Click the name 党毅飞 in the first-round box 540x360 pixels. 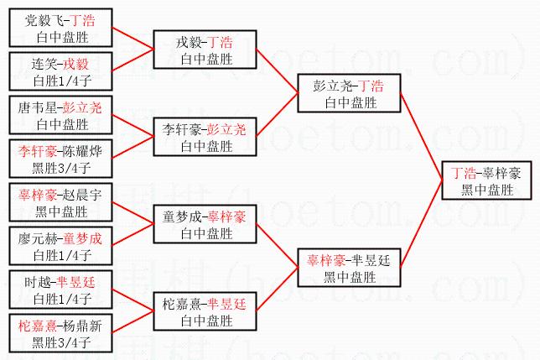(44, 21)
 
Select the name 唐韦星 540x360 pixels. (37, 107)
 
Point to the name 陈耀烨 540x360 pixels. (83, 152)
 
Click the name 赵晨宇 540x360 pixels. (83, 195)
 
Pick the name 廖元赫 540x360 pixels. (37, 238)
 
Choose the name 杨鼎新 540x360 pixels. (83, 326)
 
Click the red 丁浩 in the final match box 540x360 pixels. (464, 173)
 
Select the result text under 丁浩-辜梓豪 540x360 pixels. (487, 190)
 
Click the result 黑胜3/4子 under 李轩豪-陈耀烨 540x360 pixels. (61, 168)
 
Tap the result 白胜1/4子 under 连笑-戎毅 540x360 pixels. (62, 81)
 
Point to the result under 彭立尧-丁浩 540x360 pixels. (350, 102)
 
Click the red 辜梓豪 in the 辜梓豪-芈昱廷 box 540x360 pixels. (326, 260)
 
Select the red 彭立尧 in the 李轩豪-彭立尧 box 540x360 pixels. (226, 129)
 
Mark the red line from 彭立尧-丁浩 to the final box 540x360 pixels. (421, 136)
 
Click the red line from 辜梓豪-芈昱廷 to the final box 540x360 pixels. (421, 223)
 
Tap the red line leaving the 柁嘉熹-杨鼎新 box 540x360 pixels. (133, 322)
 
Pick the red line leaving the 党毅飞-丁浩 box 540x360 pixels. (133, 39)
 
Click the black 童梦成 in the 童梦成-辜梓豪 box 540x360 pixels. (181, 217)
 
